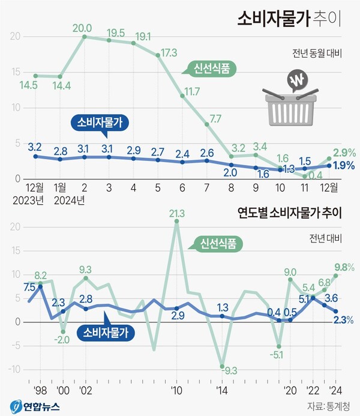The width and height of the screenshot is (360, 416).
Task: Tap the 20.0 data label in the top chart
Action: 82,28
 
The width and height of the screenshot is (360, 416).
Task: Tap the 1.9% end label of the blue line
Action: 342,166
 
